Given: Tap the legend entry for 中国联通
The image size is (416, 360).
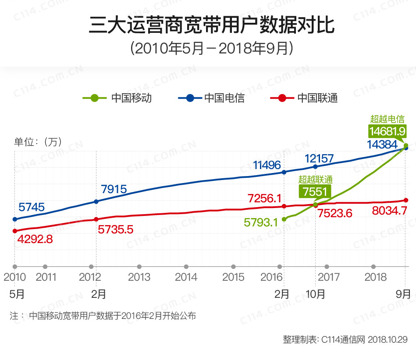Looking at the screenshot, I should coord(304,98).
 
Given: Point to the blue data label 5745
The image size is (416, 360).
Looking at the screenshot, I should coord(32,207).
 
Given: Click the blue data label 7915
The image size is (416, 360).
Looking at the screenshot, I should coord(114,189).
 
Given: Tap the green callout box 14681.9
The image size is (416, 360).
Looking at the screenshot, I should coord(387,131).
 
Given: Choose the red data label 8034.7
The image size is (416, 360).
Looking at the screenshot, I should coord(389,210).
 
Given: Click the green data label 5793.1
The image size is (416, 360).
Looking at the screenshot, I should coord(261,222).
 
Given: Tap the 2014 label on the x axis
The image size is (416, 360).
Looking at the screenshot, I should coord(186,277).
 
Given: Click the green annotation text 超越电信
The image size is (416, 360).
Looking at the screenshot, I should coord(387,119).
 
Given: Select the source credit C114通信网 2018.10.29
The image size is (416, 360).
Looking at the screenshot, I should coord(345,339).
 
